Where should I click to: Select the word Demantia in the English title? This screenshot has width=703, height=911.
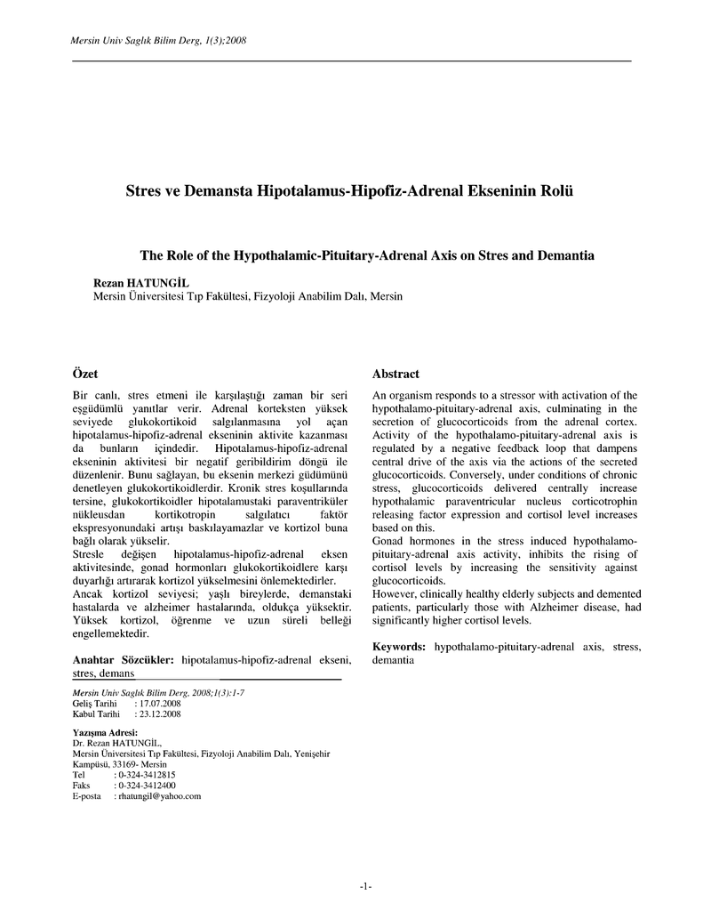click(x=565, y=254)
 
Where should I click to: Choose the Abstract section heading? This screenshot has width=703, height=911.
click(x=395, y=374)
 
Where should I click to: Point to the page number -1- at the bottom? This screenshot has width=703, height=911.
click(x=365, y=886)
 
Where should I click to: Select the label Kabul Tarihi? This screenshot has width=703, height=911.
click(x=95, y=713)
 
